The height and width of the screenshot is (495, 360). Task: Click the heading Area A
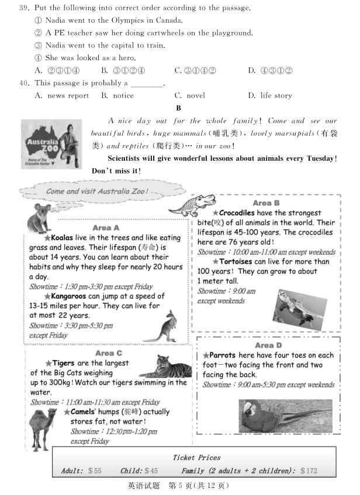point(106,227)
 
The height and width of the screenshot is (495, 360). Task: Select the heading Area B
point(266,203)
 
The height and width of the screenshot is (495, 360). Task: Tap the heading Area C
point(108,353)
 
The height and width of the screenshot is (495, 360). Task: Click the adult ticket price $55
point(95,470)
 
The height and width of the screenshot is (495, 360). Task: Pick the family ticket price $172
point(309,470)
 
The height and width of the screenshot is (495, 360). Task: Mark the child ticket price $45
point(151,470)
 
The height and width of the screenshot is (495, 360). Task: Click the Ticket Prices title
point(196,458)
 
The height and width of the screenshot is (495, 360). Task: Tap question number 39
point(25,8)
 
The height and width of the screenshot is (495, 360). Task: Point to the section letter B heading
point(178,108)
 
